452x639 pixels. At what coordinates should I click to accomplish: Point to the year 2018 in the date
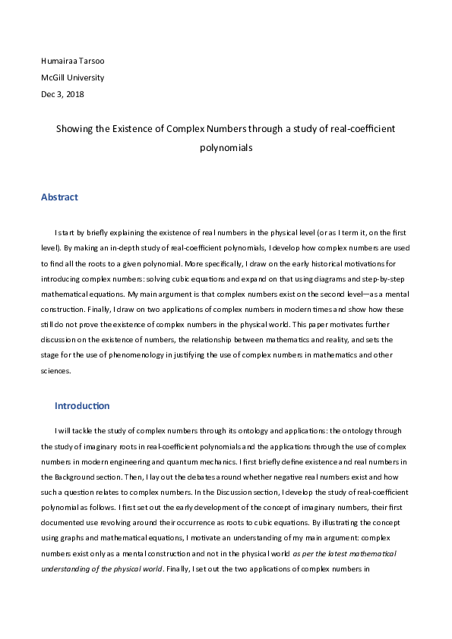(x=74, y=94)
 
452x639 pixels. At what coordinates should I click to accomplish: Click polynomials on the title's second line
(x=226, y=149)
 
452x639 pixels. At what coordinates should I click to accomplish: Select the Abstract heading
(x=59, y=197)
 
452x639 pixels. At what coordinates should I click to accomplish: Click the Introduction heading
(x=82, y=406)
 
